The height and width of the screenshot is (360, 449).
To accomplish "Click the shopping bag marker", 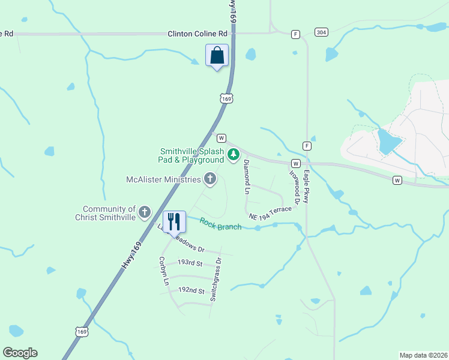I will click(217, 56).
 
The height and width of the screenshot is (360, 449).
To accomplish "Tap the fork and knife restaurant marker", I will click(174, 221).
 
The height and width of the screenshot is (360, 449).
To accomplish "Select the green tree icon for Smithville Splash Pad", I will click(234, 155).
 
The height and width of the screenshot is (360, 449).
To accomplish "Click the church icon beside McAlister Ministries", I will click(210, 178).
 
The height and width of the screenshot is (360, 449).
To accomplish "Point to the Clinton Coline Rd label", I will click(198, 34).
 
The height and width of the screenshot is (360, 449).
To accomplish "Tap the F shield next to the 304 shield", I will click(295, 34).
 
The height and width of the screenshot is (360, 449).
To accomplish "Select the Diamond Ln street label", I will click(246, 178).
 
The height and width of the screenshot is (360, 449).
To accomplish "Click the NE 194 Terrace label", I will click(270, 212).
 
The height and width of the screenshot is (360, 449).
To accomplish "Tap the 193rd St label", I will click(190, 263).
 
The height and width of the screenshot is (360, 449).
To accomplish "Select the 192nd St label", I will click(191, 290).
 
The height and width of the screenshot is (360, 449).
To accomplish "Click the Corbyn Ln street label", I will click(162, 271).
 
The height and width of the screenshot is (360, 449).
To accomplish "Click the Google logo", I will click(20, 353).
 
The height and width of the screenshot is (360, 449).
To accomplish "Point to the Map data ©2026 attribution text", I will click(423, 355).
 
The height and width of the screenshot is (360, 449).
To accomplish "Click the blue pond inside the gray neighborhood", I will click(388, 142).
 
